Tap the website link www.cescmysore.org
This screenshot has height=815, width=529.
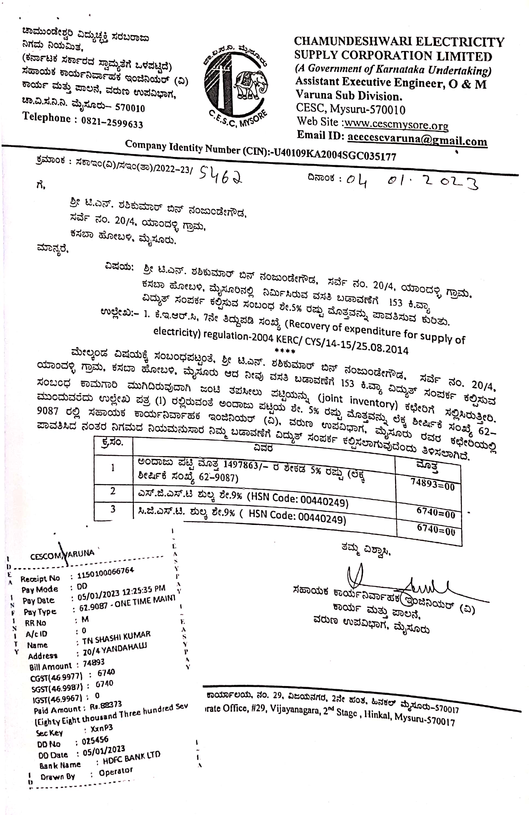(x=396, y=124)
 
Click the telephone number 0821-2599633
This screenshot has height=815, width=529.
(x=112, y=122)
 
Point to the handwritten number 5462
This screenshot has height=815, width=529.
(x=221, y=175)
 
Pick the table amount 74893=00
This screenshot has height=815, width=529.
(x=432, y=485)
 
